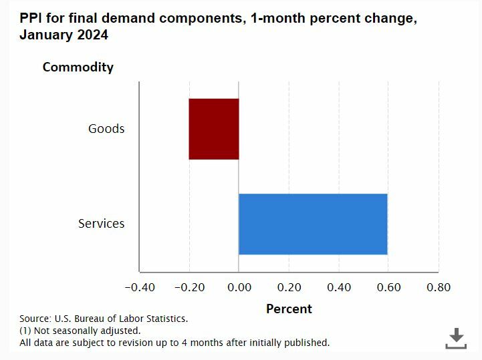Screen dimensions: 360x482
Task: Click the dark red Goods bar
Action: coord(213,129)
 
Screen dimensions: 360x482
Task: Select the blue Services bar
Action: coord(313,224)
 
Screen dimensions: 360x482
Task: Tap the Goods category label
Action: coord(106,128)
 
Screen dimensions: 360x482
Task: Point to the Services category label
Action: coord(102,223)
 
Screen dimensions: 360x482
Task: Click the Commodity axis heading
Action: coord(78,67)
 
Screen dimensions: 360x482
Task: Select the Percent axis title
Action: coord(289,309)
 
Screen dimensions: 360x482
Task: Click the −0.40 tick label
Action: coord(140,287)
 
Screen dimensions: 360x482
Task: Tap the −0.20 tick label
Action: coord(190,287)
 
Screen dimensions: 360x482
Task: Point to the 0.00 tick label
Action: coord(239,287)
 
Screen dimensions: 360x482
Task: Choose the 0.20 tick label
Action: coord(289,287)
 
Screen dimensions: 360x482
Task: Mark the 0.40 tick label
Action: coord(339,287)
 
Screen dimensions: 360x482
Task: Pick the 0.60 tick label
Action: coord(389,287)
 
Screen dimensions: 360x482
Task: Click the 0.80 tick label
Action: coord(439,287)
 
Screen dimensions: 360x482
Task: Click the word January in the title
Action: coord(45,35)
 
